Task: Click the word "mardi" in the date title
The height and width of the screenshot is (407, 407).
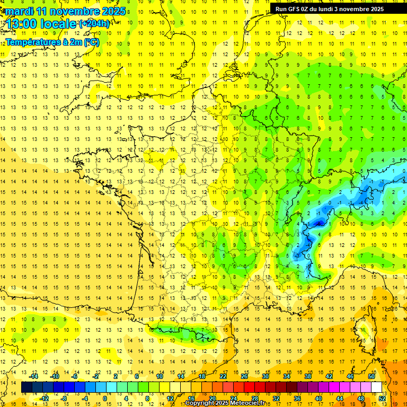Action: (x=20, y=11)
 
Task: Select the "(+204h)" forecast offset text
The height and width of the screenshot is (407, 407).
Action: (x=94, y=23)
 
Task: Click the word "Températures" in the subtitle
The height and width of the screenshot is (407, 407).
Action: (x=32, y=42)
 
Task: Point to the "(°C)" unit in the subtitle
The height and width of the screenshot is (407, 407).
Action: (x=91, y=42)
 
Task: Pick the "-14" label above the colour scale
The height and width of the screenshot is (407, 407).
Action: (x=34, y=376)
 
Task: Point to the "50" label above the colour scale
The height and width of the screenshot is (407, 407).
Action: (x=371, y=376)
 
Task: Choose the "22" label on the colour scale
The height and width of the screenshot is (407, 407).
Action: (x=223, y=376)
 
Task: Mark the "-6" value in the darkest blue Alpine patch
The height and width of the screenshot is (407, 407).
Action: (x=318, y=224)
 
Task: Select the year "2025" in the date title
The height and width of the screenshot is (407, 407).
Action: (x=112, y=11)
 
